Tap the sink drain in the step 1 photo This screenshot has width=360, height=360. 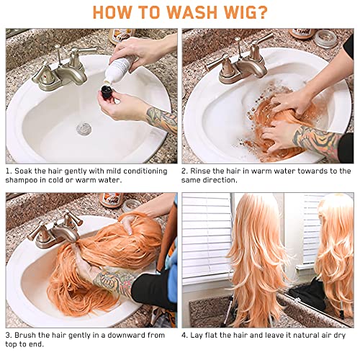tap(84, 128)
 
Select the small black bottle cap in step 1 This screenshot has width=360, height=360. tap(106, 91)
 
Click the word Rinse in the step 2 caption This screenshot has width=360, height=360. tap(200, 171)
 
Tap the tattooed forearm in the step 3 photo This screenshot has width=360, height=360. tap(113, 281)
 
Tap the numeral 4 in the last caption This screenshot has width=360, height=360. tap(184, 335)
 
